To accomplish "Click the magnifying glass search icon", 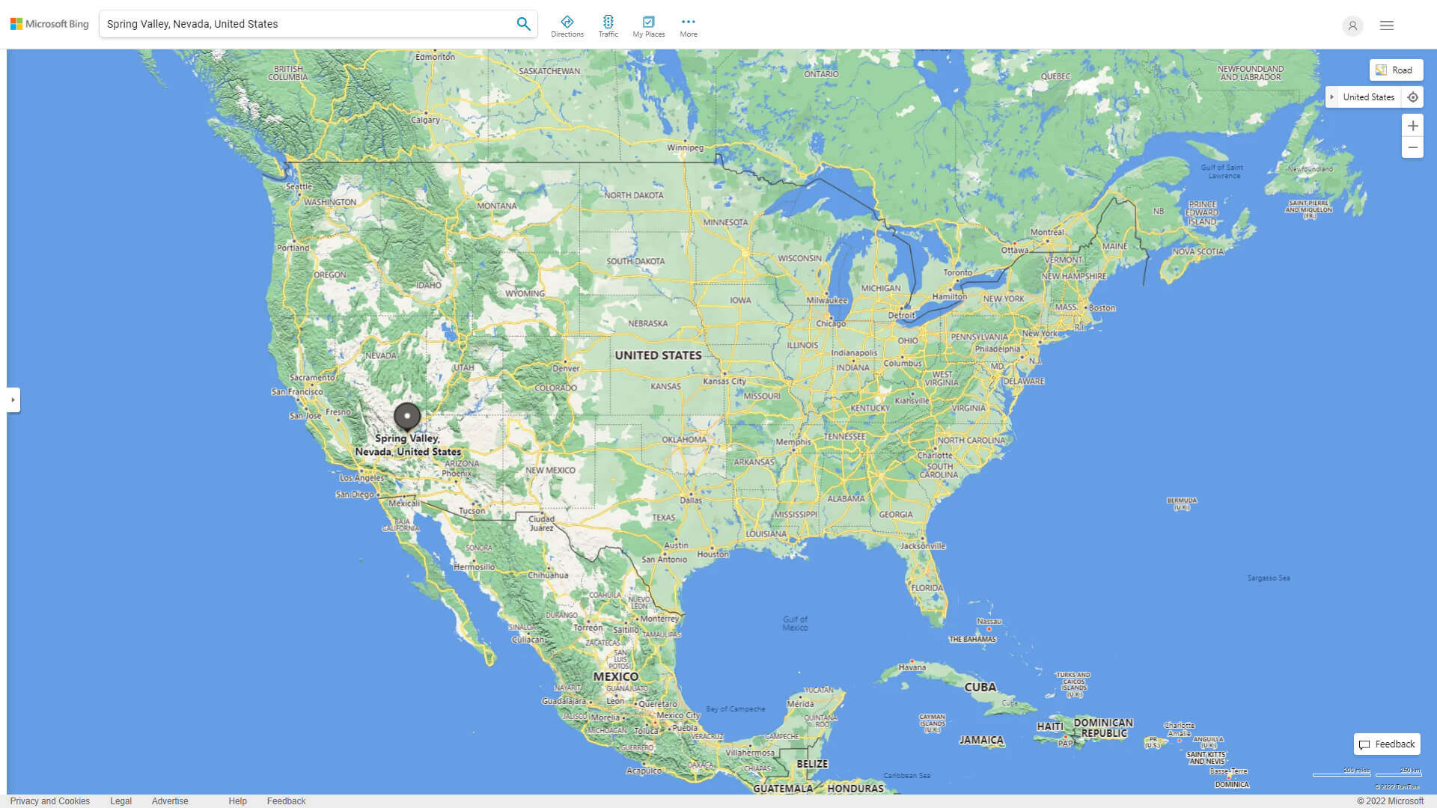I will (x=523, y=24).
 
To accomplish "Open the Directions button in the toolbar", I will (x=567, y=26).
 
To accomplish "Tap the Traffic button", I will (x=608, y=26).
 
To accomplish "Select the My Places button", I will (x=648, y=26).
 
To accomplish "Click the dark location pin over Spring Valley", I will (x=407, y=416).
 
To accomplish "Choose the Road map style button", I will (x=1395, y=70).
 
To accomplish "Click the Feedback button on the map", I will (x=1386, y=744).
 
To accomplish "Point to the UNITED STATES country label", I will (x=658, y=355).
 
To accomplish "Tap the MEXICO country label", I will (x=615, y=676).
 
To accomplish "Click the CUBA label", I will (x=980, y=687).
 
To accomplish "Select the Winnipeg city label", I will (x=685, y=147).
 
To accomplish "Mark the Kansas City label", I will (x=724, y=381).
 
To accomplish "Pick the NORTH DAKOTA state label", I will (x=633, y=195).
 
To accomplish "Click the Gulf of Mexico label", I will (x=795, y=623).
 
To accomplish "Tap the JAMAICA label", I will (x=980, y=740).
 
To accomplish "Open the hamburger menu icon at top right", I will (x=1386, y=25).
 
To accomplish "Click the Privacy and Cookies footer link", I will (x=50, y=801).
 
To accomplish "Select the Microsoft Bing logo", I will (x=49, y=24).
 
